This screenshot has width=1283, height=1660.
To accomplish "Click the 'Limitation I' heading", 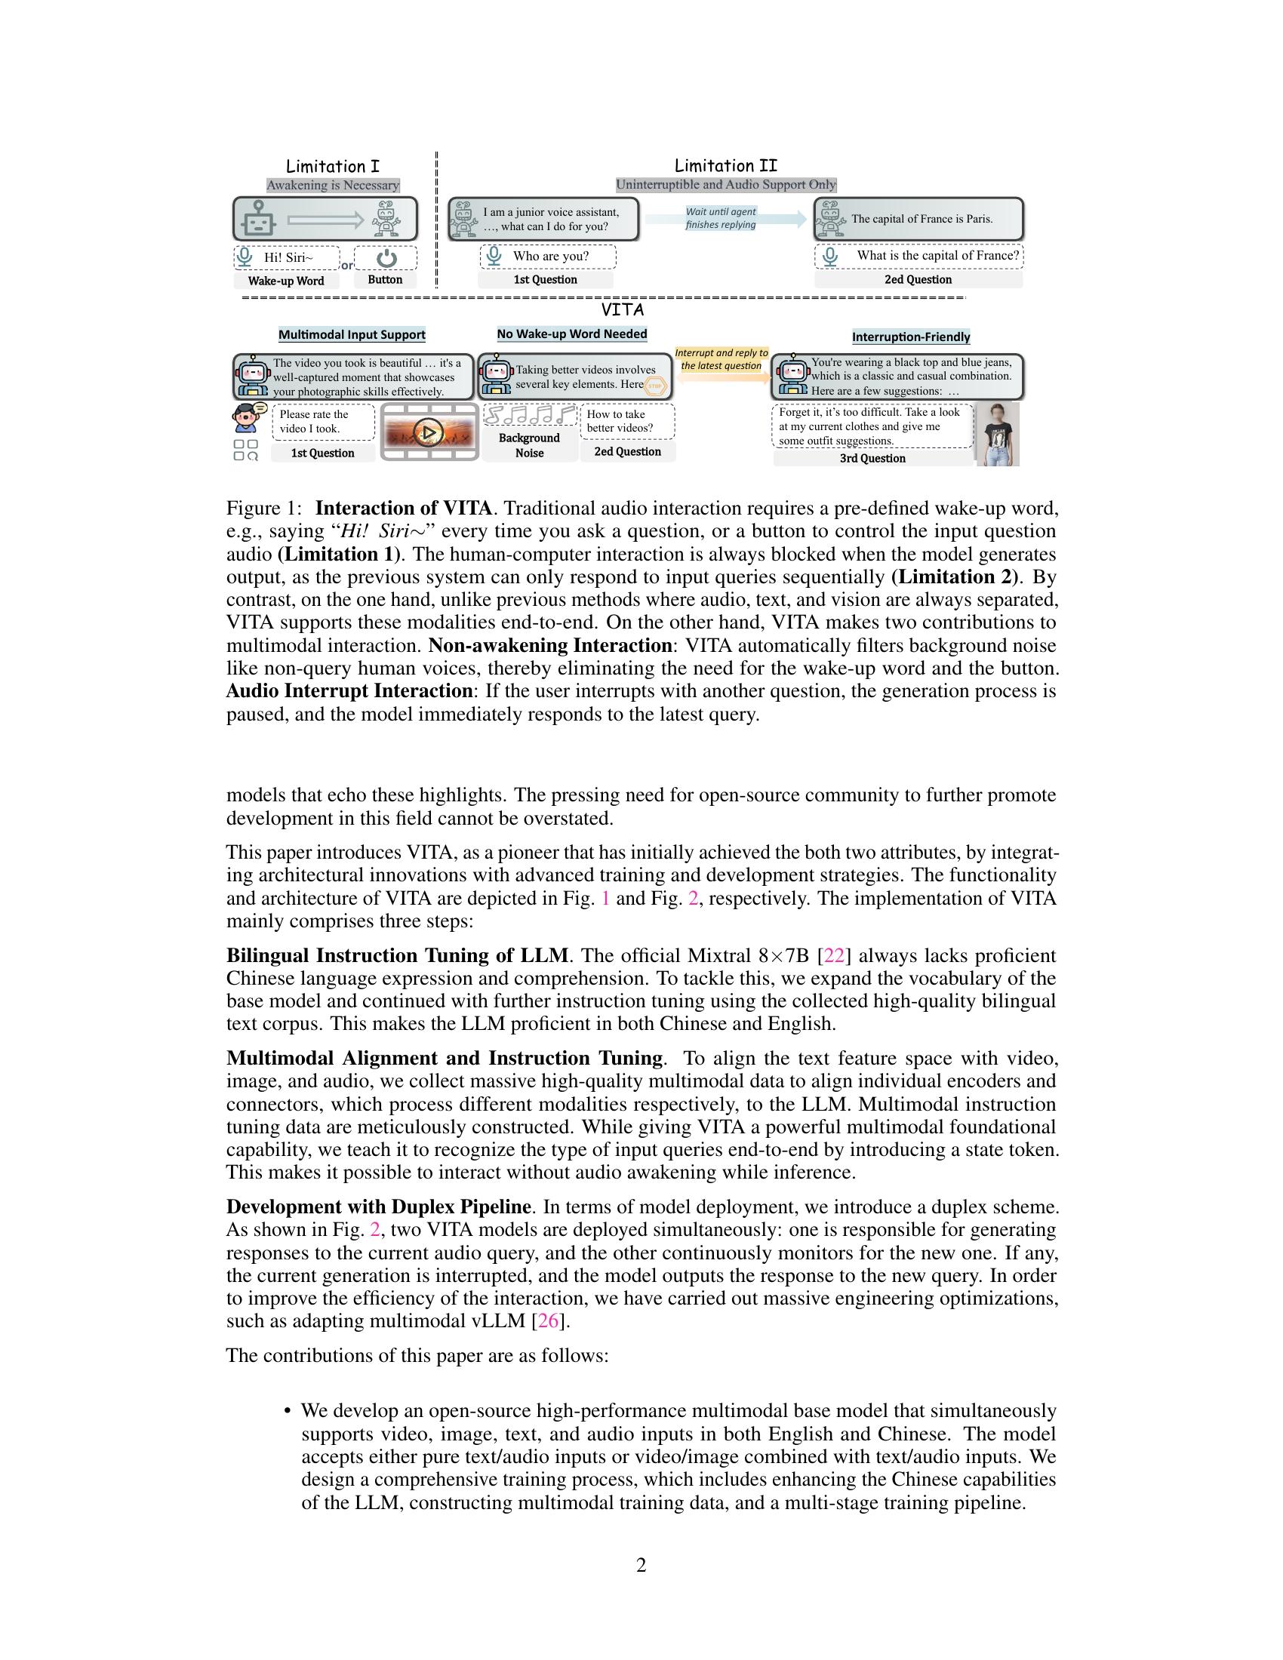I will coord(332,167).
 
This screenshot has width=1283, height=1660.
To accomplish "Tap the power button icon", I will coord(387,257).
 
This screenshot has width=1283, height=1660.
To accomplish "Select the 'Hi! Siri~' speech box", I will coord(288,257).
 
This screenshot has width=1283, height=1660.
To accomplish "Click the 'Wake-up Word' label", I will coord(286,281).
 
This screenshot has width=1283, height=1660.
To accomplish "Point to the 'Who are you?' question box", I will coord(548,256).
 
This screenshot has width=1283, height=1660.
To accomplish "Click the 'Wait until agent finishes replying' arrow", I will coord(726,219).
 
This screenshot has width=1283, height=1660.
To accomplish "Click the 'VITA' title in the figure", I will coord(623,310).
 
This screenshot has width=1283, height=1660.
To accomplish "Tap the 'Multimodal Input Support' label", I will coord(351,334).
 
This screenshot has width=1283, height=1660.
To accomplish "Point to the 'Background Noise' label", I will coord(529,445).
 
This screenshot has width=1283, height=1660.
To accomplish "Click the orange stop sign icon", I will coord(654,386).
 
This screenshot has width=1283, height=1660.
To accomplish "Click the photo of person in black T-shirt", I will coord(997,435).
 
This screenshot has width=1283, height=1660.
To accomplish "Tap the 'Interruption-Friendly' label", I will coord(911,337).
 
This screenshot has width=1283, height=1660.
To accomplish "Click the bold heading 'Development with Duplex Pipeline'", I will coord(379,1207).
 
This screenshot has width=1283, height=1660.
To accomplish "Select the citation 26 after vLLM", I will coord(548,1321).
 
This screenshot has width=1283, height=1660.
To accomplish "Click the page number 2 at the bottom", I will coord(641,1565).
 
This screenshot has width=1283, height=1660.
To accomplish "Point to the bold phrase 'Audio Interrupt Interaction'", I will coord(349,691).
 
